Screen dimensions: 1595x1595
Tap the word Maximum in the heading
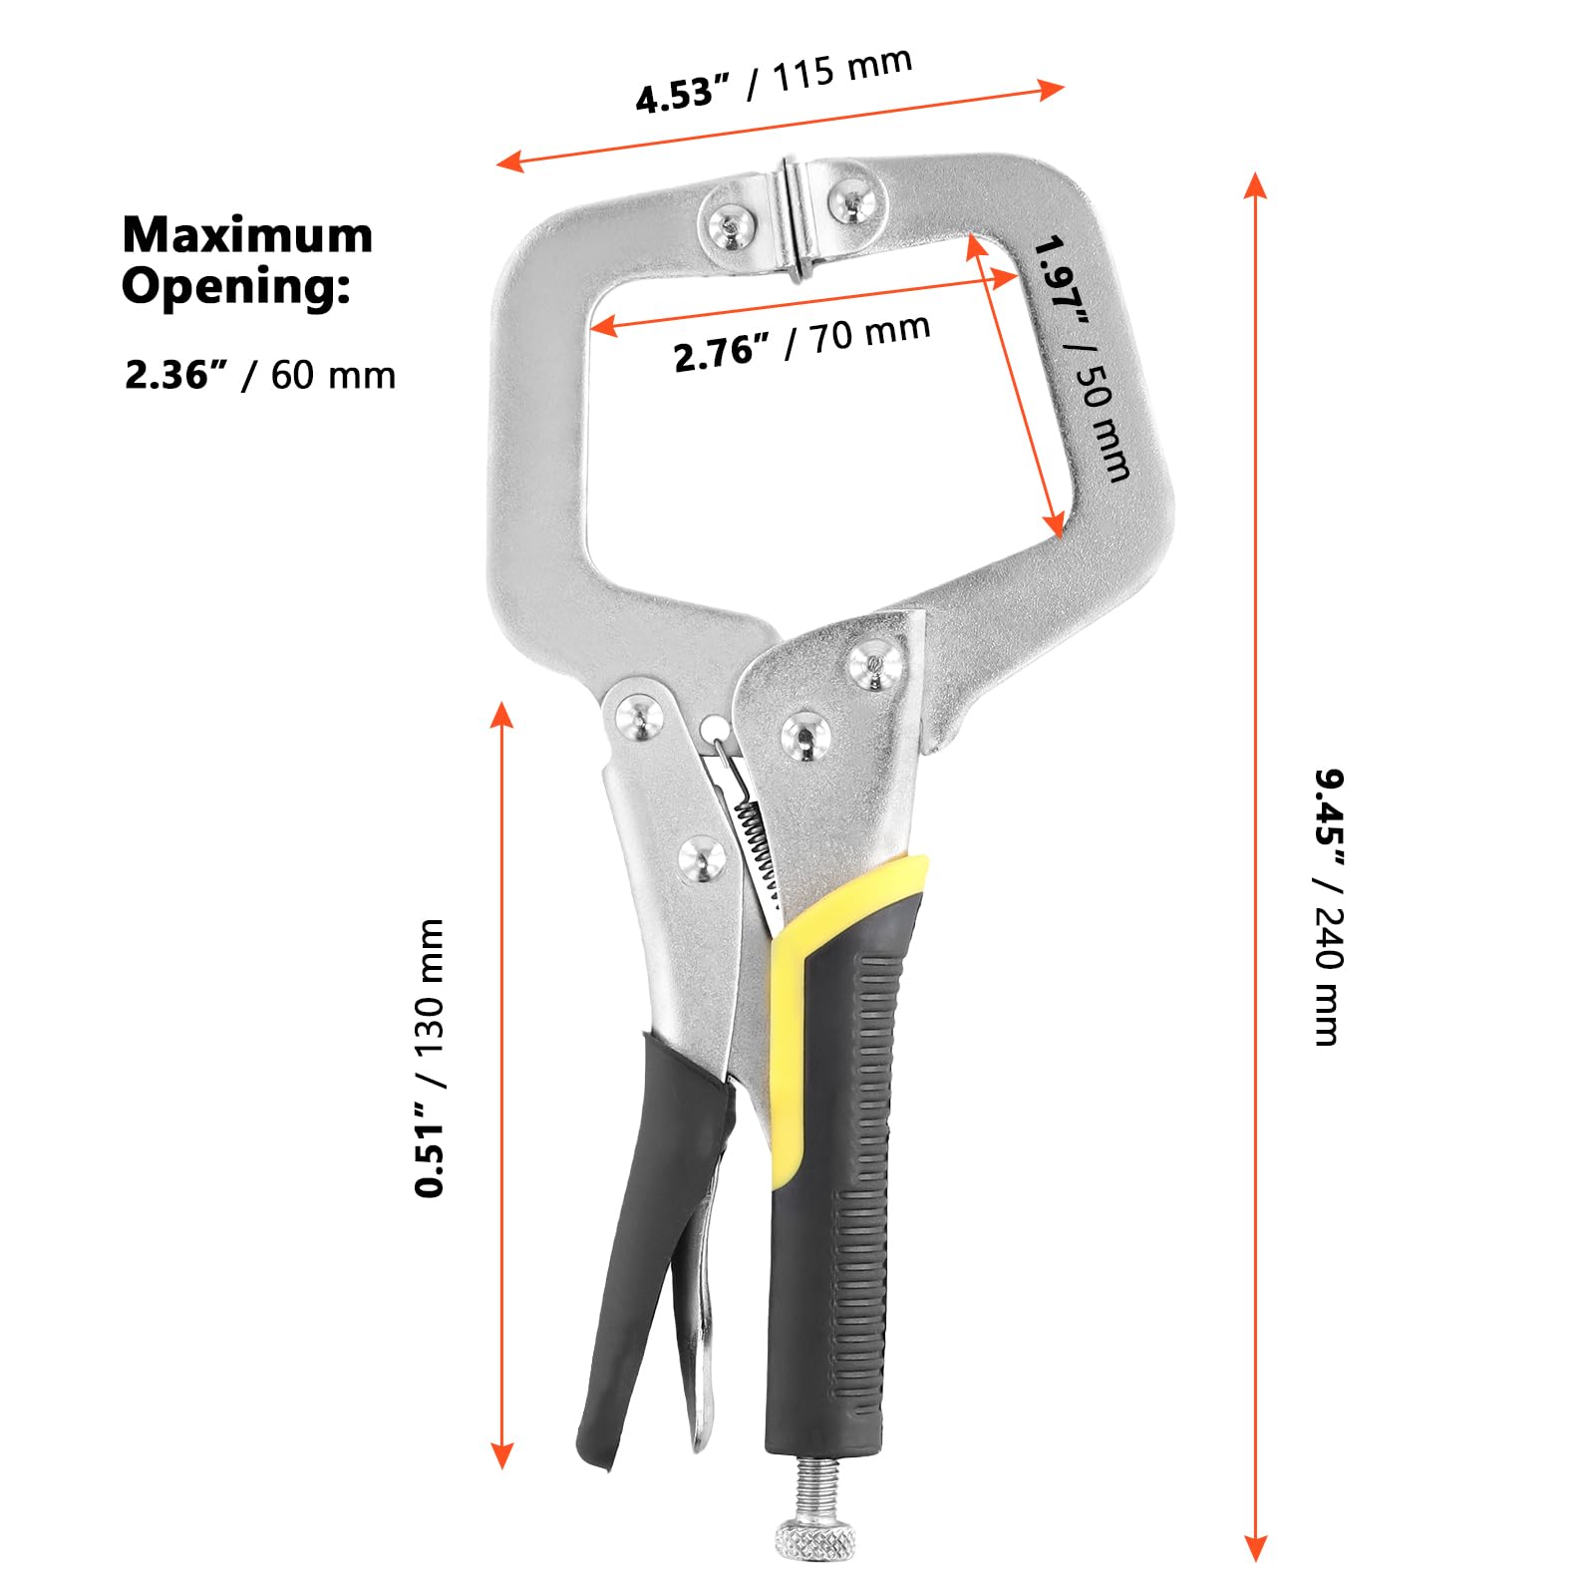coord(247,235)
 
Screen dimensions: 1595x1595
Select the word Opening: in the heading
coord(236,287)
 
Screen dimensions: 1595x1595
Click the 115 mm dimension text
coord(842,68)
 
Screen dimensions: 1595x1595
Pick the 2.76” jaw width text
coord(722,353)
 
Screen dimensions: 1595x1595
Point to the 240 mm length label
coord(1328,975)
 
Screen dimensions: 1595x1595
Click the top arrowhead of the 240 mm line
coord(1255,187)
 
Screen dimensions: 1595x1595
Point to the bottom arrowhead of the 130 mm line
coord(501,1454)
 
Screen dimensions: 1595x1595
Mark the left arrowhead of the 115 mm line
coord(510,160)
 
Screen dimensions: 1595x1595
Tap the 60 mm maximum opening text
coord(333,375)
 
